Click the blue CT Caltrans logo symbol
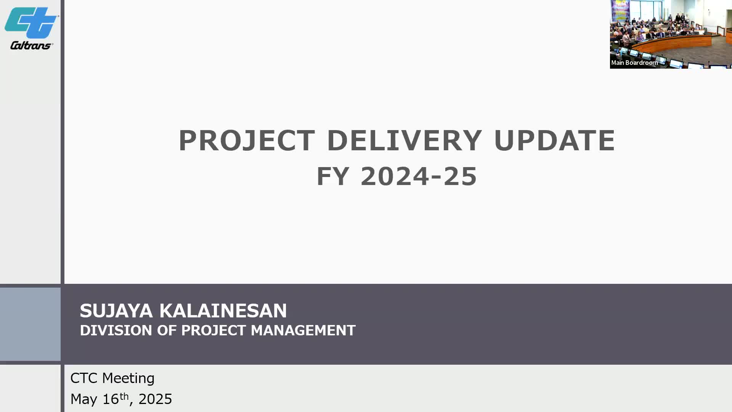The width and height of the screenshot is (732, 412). pyautogui.click(x=31, y=23)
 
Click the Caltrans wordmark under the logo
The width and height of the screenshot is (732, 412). pyautogui.click(x=32, y=45)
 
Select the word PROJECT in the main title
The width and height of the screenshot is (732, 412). pyautogui.click(x=247, y=140)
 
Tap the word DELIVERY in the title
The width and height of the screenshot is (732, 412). pyautogui.click(x=404, y=140)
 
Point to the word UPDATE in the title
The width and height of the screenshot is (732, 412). pyautogui.click(x=554, y=140)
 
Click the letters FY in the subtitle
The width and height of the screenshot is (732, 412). pyautogui.click(x=333, y=176)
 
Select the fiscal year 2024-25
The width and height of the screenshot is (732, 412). pyautogui.click(x=419, y=176)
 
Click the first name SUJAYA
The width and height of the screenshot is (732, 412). pyautogui.click(x=116, y=311)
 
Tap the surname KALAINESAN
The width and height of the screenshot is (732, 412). pyautogui.click(x=223, y=311)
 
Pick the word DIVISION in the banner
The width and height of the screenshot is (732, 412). pyautogui.click(x=116, y=330)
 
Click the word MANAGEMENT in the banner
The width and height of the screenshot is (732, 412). pyautogui.click(x=303, y=330)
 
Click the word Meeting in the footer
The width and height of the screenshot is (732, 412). pyautogui.click(x=128, y=378)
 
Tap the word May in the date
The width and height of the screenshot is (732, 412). pyautogui.click(x=84, y=399)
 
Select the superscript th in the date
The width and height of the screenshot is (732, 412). pyautogui.click(x=124, y=396)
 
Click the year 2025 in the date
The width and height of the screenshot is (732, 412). pyautogui.click(x=155, y=399)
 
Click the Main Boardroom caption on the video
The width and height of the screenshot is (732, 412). pyautogui.click(x=634, y=63)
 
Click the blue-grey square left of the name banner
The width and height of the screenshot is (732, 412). pyautogui.click(x=30, y=324)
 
